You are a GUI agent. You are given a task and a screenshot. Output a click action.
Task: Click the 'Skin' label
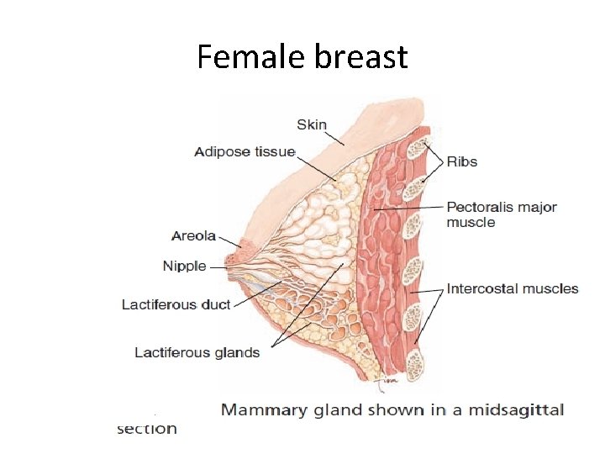tap(311, 124)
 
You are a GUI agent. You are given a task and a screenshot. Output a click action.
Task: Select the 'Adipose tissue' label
tap(245, 152)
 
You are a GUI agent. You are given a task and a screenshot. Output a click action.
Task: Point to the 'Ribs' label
tap(462, 161)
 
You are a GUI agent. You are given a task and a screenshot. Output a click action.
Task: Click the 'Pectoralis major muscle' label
tap(501, 214)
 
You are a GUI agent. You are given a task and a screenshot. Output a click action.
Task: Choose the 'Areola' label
tap(193, 236)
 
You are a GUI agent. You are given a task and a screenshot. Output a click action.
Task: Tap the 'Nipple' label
tap(184, 266)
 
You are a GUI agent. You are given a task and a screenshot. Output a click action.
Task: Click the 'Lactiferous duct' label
tap(176, 304)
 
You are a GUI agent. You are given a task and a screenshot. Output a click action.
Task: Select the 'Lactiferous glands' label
tap(197, 352)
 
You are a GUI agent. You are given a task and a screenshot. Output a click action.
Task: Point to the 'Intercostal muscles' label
tap(513, 288)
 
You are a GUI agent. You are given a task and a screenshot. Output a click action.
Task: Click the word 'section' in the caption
tap(147, 429)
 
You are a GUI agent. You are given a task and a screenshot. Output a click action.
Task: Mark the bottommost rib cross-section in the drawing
tap(415, 364)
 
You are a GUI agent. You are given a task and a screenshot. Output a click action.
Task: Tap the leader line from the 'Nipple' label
tap(218, 267)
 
